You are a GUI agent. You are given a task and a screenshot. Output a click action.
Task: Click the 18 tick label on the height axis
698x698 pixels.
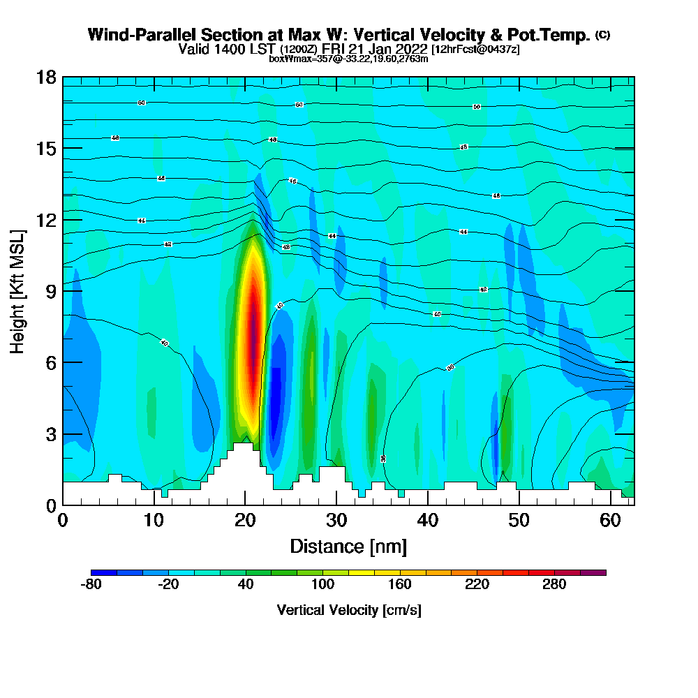tap(46, 77)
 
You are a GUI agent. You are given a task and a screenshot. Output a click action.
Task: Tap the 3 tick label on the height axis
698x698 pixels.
tap(50, 434)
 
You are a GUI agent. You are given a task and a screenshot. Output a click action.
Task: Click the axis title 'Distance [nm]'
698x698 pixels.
tap(348, 546)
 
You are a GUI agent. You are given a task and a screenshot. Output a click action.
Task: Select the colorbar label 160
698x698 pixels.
tap(400, 585)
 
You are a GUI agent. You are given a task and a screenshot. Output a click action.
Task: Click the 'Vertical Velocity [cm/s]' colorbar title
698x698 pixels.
tap(348, 610)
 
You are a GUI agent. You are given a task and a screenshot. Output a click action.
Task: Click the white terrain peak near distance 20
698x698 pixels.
tap(243, 461)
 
